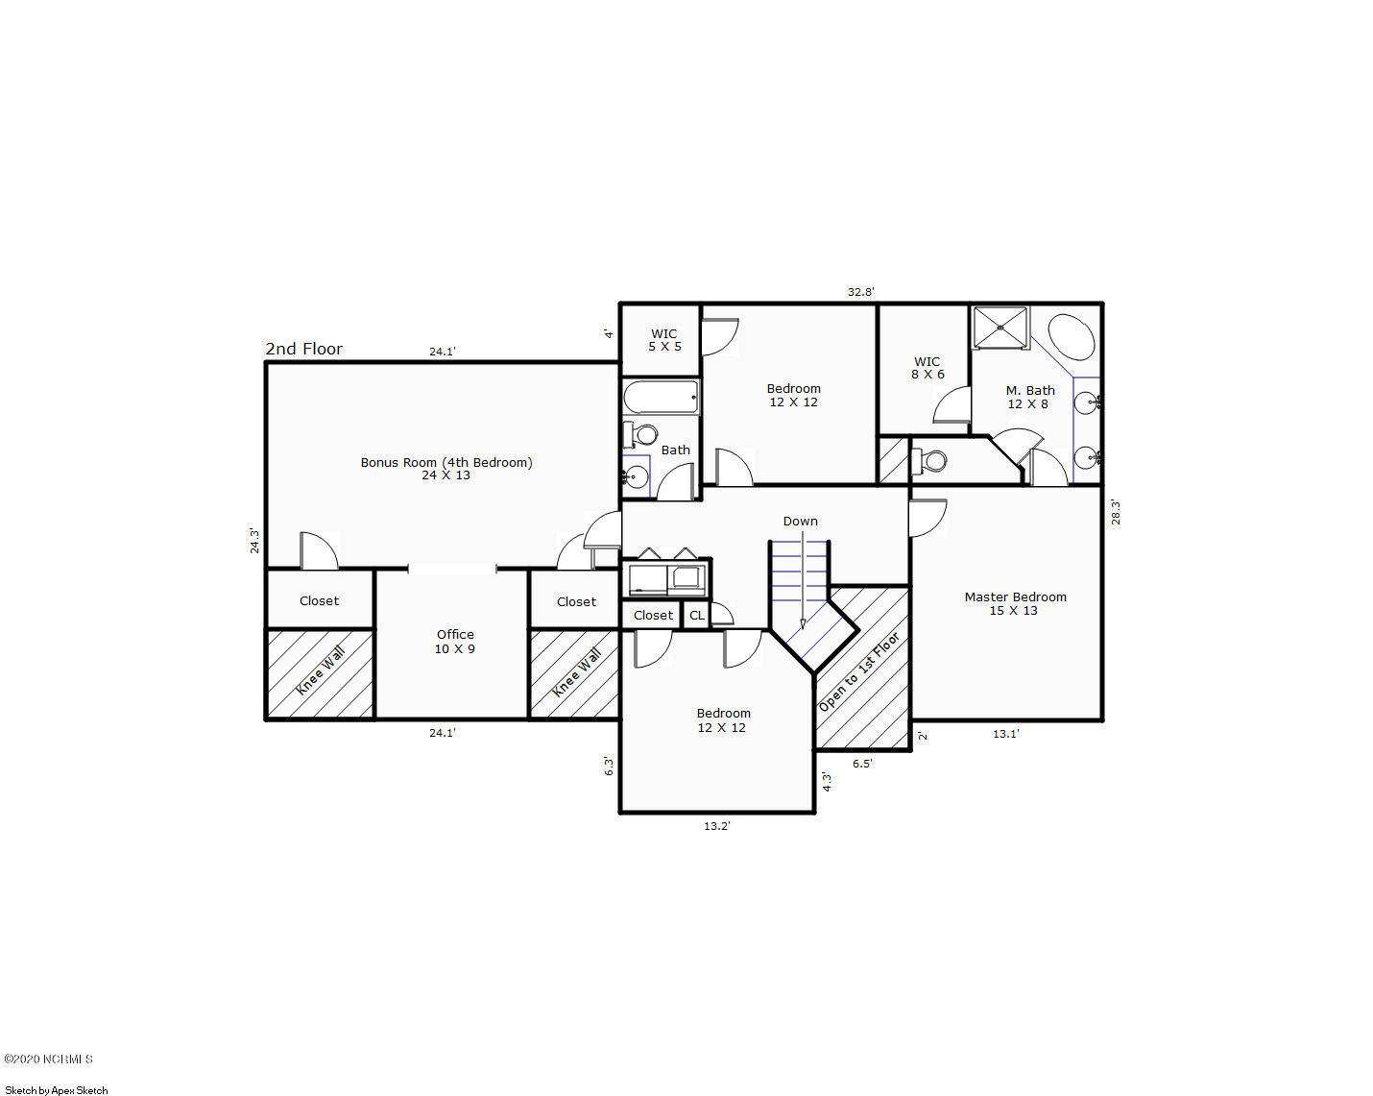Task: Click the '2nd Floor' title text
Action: [303, 349]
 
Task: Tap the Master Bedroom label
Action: [1015, 603]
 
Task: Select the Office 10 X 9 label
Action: [455, 642]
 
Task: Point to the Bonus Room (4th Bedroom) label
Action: [446, 469]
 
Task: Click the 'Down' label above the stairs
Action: [800, 521]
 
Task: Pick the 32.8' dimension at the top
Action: [860, 292]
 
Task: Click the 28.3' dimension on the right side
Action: [1116, 512]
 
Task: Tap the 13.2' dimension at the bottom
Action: [716, 825]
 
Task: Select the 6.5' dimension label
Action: [862, 763]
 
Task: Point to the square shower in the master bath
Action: [1000, 329]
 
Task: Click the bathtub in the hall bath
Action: [661, 398]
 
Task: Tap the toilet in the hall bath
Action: [641, 434]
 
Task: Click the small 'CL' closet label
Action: [697, 616]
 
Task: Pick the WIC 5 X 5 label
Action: [664, 340]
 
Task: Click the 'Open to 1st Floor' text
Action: [858, 671]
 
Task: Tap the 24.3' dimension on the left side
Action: [254, 540]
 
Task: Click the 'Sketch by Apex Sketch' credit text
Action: [56, 1090]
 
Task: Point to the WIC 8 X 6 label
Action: [927, 368]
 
